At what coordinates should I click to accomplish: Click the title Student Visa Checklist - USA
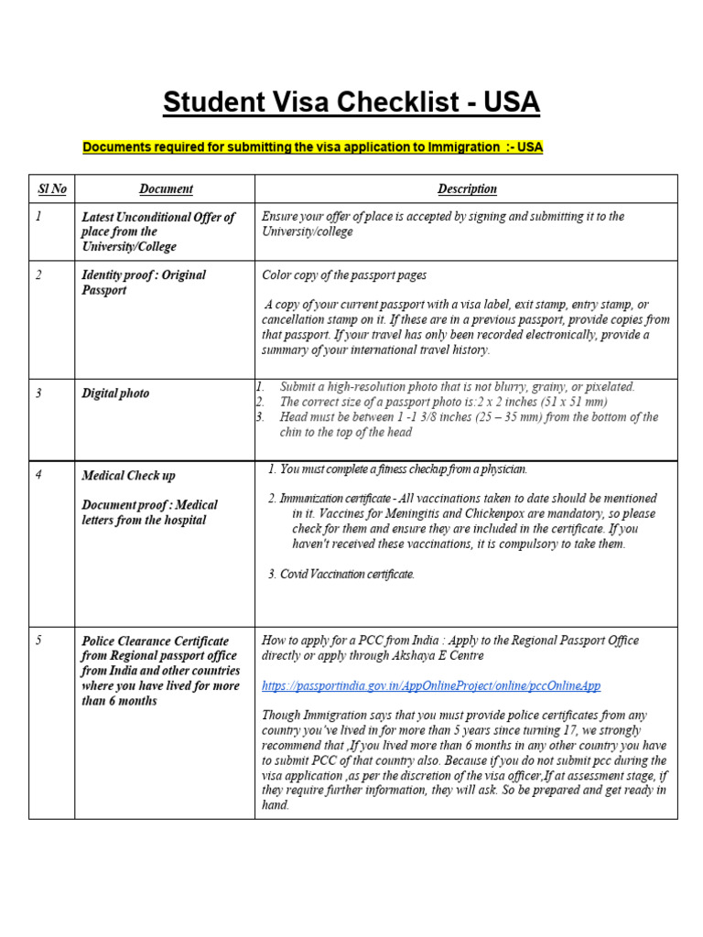[x=351, y=102]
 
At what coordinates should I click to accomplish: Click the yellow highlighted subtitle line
[x=313, y=146]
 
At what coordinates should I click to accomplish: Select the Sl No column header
[x=51, y=188]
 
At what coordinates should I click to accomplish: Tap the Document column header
[x=166, y=188]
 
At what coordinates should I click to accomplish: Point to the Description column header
[x=467, y=188]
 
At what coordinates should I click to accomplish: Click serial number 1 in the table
[x=38, y=217]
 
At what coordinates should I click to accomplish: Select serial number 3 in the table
[x=38, y=393]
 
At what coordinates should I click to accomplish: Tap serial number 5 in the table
[x=38, y=641]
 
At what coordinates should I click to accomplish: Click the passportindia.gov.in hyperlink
[x=431, y=685]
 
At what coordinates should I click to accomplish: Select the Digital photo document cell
[x=115, y=393]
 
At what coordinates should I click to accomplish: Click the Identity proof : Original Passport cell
[x=144, y=283]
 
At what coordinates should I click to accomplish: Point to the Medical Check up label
[x=128, y=476]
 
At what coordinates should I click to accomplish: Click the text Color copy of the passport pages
[x=344, y=275]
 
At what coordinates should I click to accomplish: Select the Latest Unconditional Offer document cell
[x=157, y=232]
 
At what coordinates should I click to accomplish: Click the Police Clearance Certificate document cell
[x=159, y=671]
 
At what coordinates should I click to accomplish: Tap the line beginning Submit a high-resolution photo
[x=457, y=387]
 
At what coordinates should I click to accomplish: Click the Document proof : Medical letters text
[x=149, y=512]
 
